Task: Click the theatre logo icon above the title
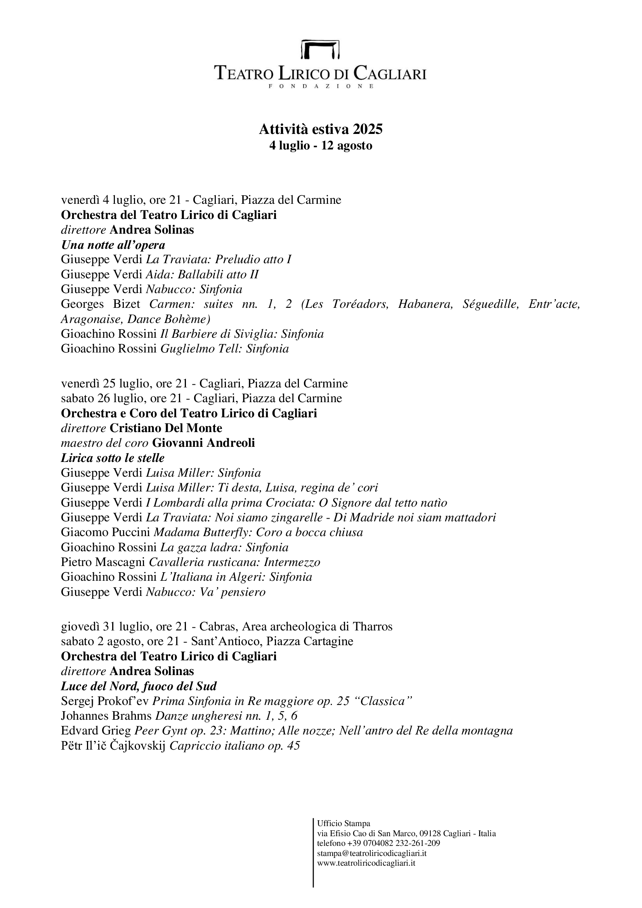[321, 49]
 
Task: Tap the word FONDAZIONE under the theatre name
[321, 86]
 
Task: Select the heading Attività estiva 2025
[321, 129]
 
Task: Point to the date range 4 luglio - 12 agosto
[321, 146]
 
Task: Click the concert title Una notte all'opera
[113, 245]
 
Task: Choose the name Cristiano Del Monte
[166, 428]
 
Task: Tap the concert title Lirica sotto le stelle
[113, 458]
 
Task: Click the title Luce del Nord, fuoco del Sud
[139, 686]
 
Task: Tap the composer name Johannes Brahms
[106, 716]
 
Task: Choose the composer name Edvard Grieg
[95, 731]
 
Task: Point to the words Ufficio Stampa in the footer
[344, 823]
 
